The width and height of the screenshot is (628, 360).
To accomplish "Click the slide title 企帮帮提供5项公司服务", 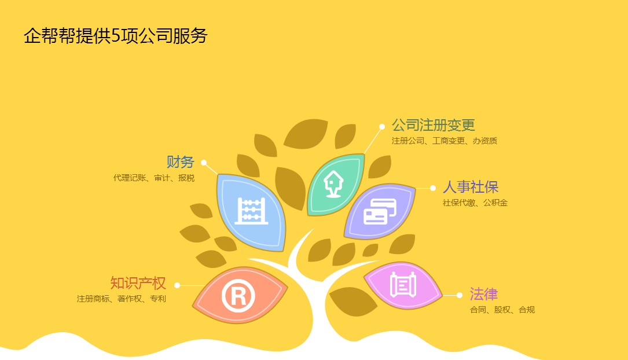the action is pos(115,36).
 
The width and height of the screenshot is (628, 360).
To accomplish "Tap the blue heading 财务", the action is pos(180,162).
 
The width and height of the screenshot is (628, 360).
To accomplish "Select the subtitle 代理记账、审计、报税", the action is pos(154,178).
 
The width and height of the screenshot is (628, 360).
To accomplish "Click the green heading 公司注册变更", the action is pos(434,125).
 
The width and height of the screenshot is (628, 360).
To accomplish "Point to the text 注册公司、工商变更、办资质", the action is pos(444,141).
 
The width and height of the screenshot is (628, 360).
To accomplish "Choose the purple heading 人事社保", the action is pos(470,187).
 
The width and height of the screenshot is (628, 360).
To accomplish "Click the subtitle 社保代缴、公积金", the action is pos(475,203).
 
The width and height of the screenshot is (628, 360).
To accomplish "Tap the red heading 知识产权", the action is pos(138,282).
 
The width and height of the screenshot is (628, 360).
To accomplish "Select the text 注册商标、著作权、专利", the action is pos(122,299).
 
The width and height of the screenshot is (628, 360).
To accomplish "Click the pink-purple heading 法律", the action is pos(484,294).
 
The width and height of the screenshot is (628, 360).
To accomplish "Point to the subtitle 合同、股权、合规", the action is pos(502,310).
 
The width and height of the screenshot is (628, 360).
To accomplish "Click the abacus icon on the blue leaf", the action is pos(251,211).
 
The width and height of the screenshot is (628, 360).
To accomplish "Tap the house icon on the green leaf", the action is pos(333,184).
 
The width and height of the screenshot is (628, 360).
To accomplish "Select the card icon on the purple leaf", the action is pos(380,211).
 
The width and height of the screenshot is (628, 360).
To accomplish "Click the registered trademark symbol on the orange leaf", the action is pos(238,296).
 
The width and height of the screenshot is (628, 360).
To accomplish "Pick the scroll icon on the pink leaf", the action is pos(403,285).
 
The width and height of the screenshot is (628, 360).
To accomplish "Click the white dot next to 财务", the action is pos(204,163).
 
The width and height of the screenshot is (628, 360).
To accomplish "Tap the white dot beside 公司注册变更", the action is pos(382,127).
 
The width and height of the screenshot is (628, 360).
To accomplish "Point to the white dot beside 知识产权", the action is pos(177,285).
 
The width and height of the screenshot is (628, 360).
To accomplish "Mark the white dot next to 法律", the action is pos(460,295).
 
